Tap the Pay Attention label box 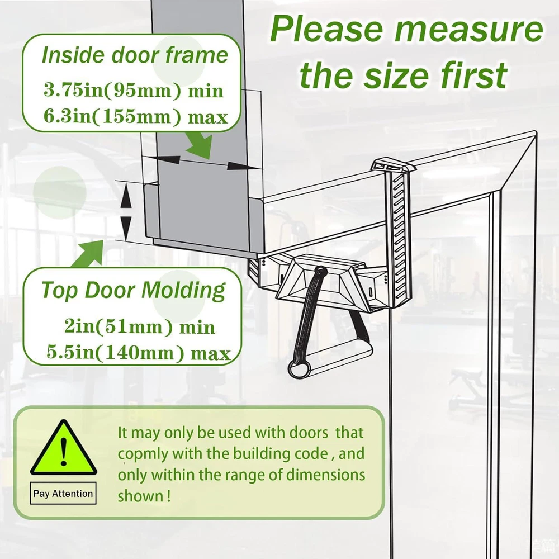63,494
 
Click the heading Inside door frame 135,55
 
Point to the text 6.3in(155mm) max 135,116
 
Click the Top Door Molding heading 134,290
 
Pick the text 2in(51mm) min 139,326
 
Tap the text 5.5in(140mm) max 138,352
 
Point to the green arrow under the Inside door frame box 199,145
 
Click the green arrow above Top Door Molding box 88,254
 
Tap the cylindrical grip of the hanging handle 330,359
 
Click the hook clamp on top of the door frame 393,166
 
